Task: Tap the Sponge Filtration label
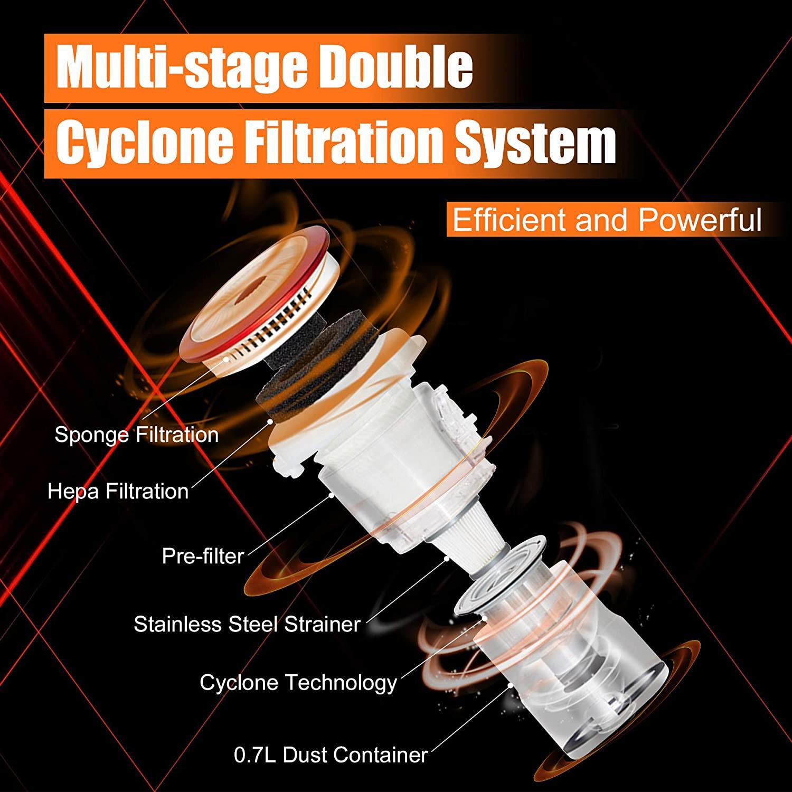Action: (x=136, y=435)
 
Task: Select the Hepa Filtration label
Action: (x=118, y=491)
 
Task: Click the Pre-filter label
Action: (x=203, y=556)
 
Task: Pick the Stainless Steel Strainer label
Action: (x=247, y=624)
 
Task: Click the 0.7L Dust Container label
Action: (x=331, y=755)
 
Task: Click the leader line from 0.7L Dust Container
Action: (x=470, y=718)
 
